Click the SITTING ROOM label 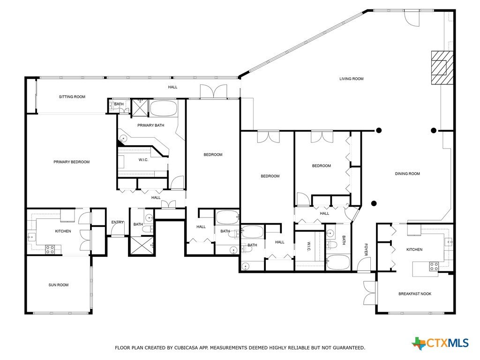click(x=72, y=97)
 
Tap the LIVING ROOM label click(x=352, y=79)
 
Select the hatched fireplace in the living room click(x=442, y=67)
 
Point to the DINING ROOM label click(x=407, y=173)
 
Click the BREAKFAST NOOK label click(x=415, y=294)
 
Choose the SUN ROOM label click(x=59, y=285)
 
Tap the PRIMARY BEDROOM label click(x=72, y=162)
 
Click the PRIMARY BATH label click(x=150, y=125)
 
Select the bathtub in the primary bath click(x=164, y=108)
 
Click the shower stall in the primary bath click(x=140, y=107)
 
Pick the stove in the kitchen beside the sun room click(x=50, y=250)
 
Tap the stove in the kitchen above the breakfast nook click(x=434, y=267)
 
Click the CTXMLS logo click(x=440, y=343)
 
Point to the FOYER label click(x=366, y=249)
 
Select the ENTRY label click(x=118, y=222)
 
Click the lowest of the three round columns click(x=374, y=203)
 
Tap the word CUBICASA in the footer click(x=186, y=348)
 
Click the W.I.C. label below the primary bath click(x=143, y=160)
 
